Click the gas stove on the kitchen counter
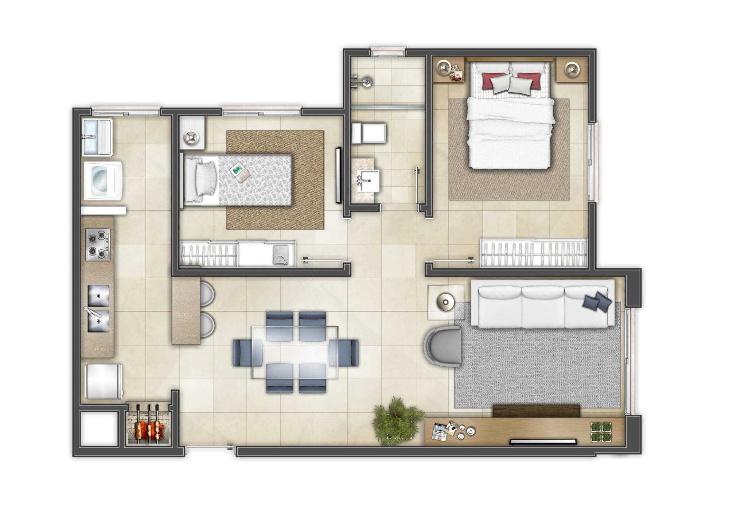pyautogui.click(x=98, y=244)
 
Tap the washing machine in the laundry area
pyautogui.click(x=103, y=181)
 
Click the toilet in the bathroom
pyautogui.click(x=369, y=133)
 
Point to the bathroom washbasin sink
pyautogui.click(x=368, y=180)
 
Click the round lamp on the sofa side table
pyautogui.click(x=445, y=302)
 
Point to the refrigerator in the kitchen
pyautogui.click(x=104, y=381)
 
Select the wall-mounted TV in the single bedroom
pyautogui.click(x=338, y=175)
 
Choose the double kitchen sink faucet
pyautogui.click(x=90, y=312)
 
